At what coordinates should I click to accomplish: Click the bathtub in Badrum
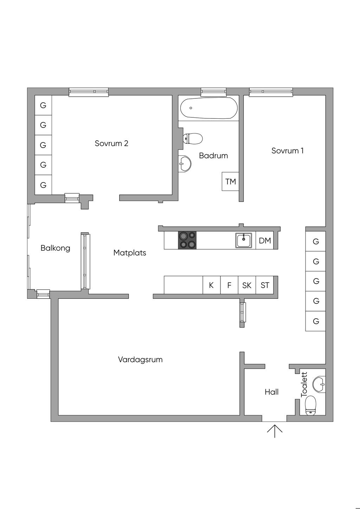[x=209, y=108]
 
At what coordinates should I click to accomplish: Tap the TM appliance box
[x=230, y=181]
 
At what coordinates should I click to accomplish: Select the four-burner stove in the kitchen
[x=187, y=240]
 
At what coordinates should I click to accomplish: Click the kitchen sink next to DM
[x=244, y=240]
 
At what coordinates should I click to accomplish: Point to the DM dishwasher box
[x=265, y=240]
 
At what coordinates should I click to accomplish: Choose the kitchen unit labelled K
[x=211, y=285]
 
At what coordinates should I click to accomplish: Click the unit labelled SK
[x=247, y=285]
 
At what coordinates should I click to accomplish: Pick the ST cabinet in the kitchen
[x=265, y=285]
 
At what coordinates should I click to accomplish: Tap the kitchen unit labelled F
[x=229, y=285]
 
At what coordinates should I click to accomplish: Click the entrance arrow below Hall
[x=275, y=431]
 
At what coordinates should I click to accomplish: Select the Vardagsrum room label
[x=140, y=360]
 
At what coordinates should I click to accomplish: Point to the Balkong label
[x=55, y=248]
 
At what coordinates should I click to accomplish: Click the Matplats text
[x=130, y=253]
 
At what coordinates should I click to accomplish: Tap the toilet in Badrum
[x=193, y=138]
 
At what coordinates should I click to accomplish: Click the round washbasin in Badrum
[x=185, y=163]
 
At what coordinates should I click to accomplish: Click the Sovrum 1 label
[x=287, y=151]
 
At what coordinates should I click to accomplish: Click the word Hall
[x=271, y=392]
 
